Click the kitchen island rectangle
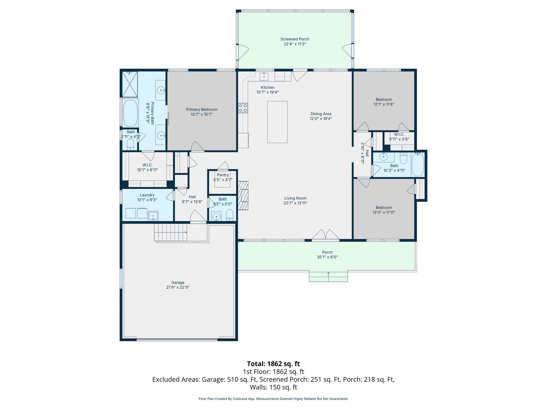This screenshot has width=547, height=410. point(278,122)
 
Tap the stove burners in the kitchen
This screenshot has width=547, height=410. point(243,108)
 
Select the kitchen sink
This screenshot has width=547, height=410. point(264,76)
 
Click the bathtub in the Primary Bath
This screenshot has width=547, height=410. point(130,113)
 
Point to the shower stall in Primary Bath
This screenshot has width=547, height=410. point(130,84)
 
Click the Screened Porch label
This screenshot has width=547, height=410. point(295,39)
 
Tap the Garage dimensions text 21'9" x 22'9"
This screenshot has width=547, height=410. point(178,287)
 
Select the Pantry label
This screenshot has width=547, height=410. point(223,175)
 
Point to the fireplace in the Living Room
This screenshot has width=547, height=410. point(243,196)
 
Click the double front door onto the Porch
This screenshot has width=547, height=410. point(326,235)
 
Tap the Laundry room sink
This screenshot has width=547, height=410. point(153,215)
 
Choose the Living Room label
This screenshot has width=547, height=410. point(295,198)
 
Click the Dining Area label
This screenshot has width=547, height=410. point(321,114)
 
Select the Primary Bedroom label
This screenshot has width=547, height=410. point(202,109)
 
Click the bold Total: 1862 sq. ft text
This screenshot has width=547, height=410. point(273,364)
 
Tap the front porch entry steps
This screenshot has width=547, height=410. point(329,276)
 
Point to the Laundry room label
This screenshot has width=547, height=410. point(147,195)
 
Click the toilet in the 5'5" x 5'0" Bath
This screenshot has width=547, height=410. point(230,215)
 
